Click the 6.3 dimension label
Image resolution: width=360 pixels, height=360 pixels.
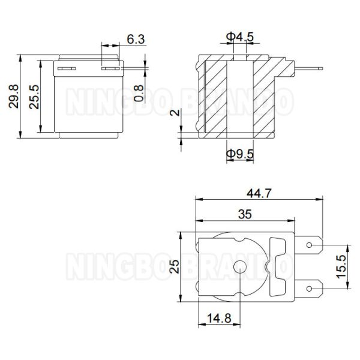[x=136, y=39]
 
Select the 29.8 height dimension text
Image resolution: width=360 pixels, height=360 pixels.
[x=13, y=96]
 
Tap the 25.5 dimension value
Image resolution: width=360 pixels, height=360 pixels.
[x=34, y=97]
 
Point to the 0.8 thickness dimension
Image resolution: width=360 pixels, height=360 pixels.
[x=139, y=93]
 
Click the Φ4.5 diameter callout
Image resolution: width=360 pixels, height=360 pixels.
[x=240, y=37]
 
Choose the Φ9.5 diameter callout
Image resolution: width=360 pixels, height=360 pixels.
[x=240, y=154]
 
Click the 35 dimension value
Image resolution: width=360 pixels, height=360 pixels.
[x=245, y=214]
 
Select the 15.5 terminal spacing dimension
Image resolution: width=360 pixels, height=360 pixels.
[x=341, y=266]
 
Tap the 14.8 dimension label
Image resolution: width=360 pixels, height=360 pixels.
[x=219, y=319]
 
